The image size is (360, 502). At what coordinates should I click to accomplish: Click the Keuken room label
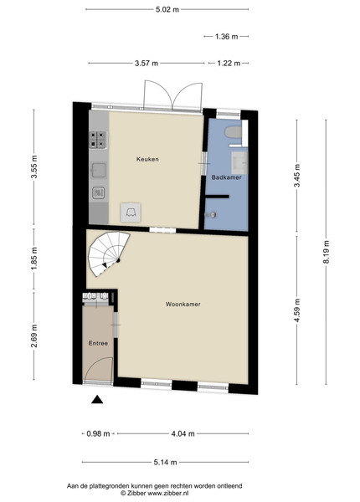point(147,159)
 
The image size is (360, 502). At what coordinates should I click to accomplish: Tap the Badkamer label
point(226,177)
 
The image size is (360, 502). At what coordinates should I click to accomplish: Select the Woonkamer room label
point(183,305)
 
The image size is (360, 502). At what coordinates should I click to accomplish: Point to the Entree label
point(98,343)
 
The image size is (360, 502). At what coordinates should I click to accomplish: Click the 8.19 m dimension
point(326,252)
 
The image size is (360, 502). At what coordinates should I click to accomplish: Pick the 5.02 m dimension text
point(167,9)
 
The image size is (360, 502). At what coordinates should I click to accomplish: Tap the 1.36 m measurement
point(226,37)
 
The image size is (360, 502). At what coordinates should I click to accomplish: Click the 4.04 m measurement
point(183,433)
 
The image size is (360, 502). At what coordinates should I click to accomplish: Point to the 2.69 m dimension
point(34,336)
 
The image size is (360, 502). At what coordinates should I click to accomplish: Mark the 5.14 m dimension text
point(165,463)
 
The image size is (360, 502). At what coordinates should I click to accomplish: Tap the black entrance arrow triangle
point(97,400)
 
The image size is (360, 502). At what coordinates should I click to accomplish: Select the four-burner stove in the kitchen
point(98,140)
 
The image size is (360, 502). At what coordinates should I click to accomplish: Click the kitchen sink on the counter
point(98,170)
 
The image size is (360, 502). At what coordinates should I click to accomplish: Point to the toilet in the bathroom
point(234,132)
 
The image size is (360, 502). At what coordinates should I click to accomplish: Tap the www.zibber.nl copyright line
point(154,494)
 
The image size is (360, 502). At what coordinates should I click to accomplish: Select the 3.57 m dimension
point(147,64)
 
